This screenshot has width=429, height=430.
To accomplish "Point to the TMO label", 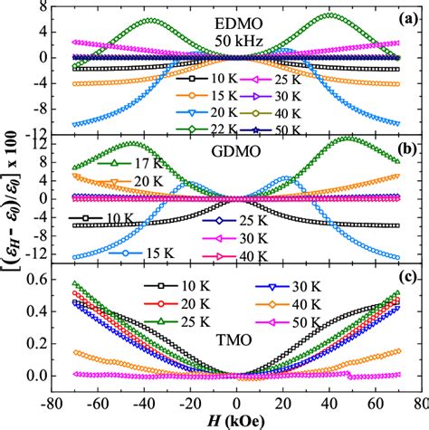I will [236, 354].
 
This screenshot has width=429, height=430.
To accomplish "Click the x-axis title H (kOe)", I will [237, 418].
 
